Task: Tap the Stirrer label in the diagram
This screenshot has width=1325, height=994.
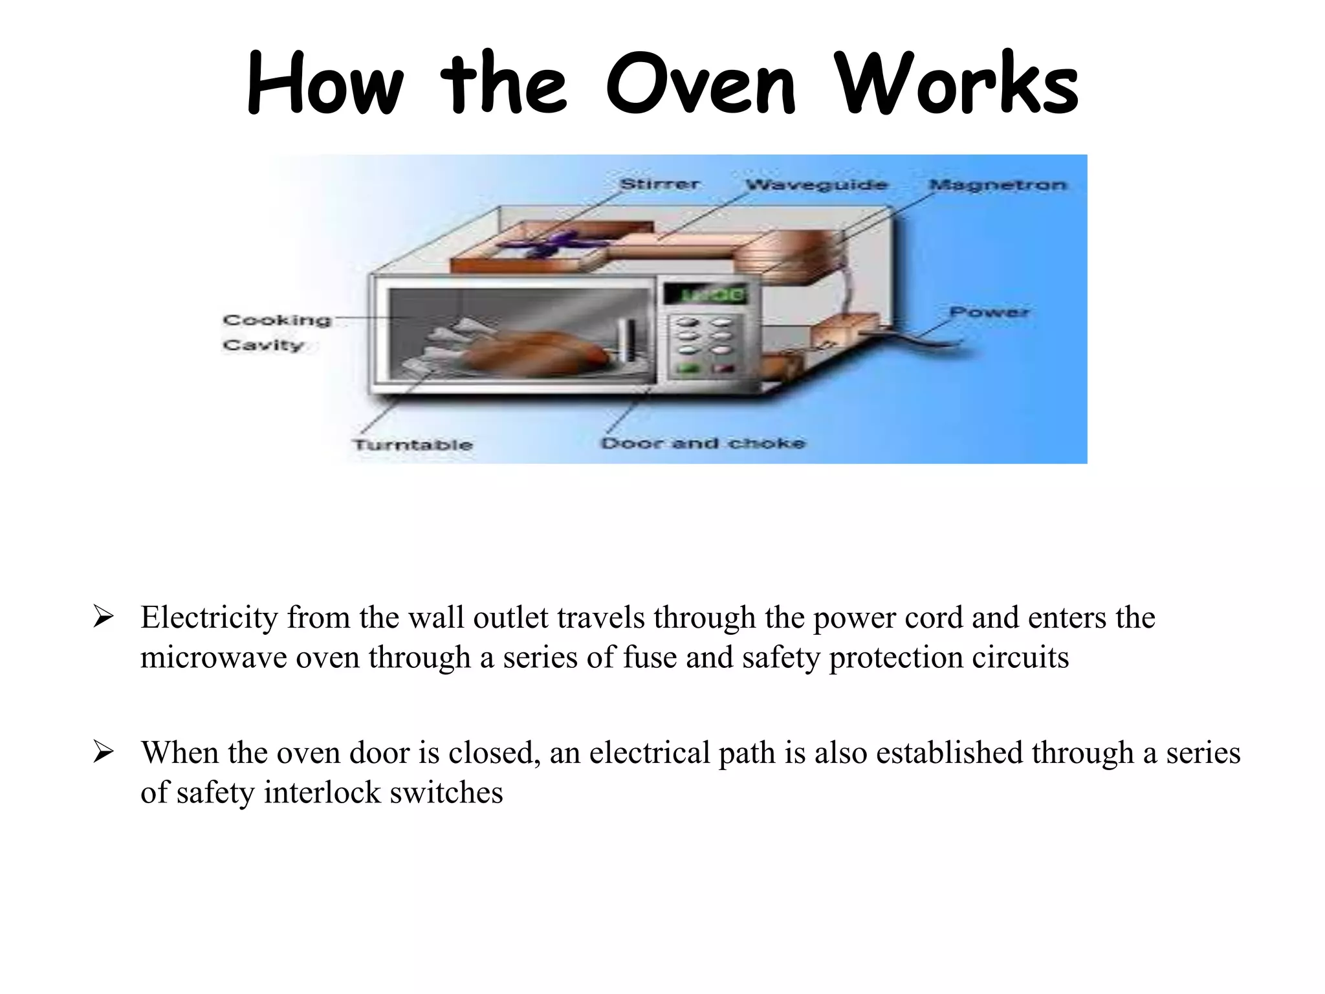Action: (x=659, y=184)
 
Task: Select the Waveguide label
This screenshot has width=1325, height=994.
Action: (x=816, y=185)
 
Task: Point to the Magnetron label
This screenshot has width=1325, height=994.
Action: (x=997, y=185)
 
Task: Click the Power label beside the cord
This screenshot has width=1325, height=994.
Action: (x=989, y=312)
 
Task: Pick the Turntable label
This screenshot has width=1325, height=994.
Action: (x=413, y=445)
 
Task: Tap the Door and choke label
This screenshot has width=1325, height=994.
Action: (x=703, y=443)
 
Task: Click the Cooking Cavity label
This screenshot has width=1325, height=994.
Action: (x=276, y=332)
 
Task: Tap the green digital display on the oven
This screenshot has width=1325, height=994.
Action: (x=703, y=295)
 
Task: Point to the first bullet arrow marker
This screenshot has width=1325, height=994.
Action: (x=104, y=617)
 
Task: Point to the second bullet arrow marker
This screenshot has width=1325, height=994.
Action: (x=104, y=752)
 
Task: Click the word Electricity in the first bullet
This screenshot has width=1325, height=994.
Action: (x=209, y=617)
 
